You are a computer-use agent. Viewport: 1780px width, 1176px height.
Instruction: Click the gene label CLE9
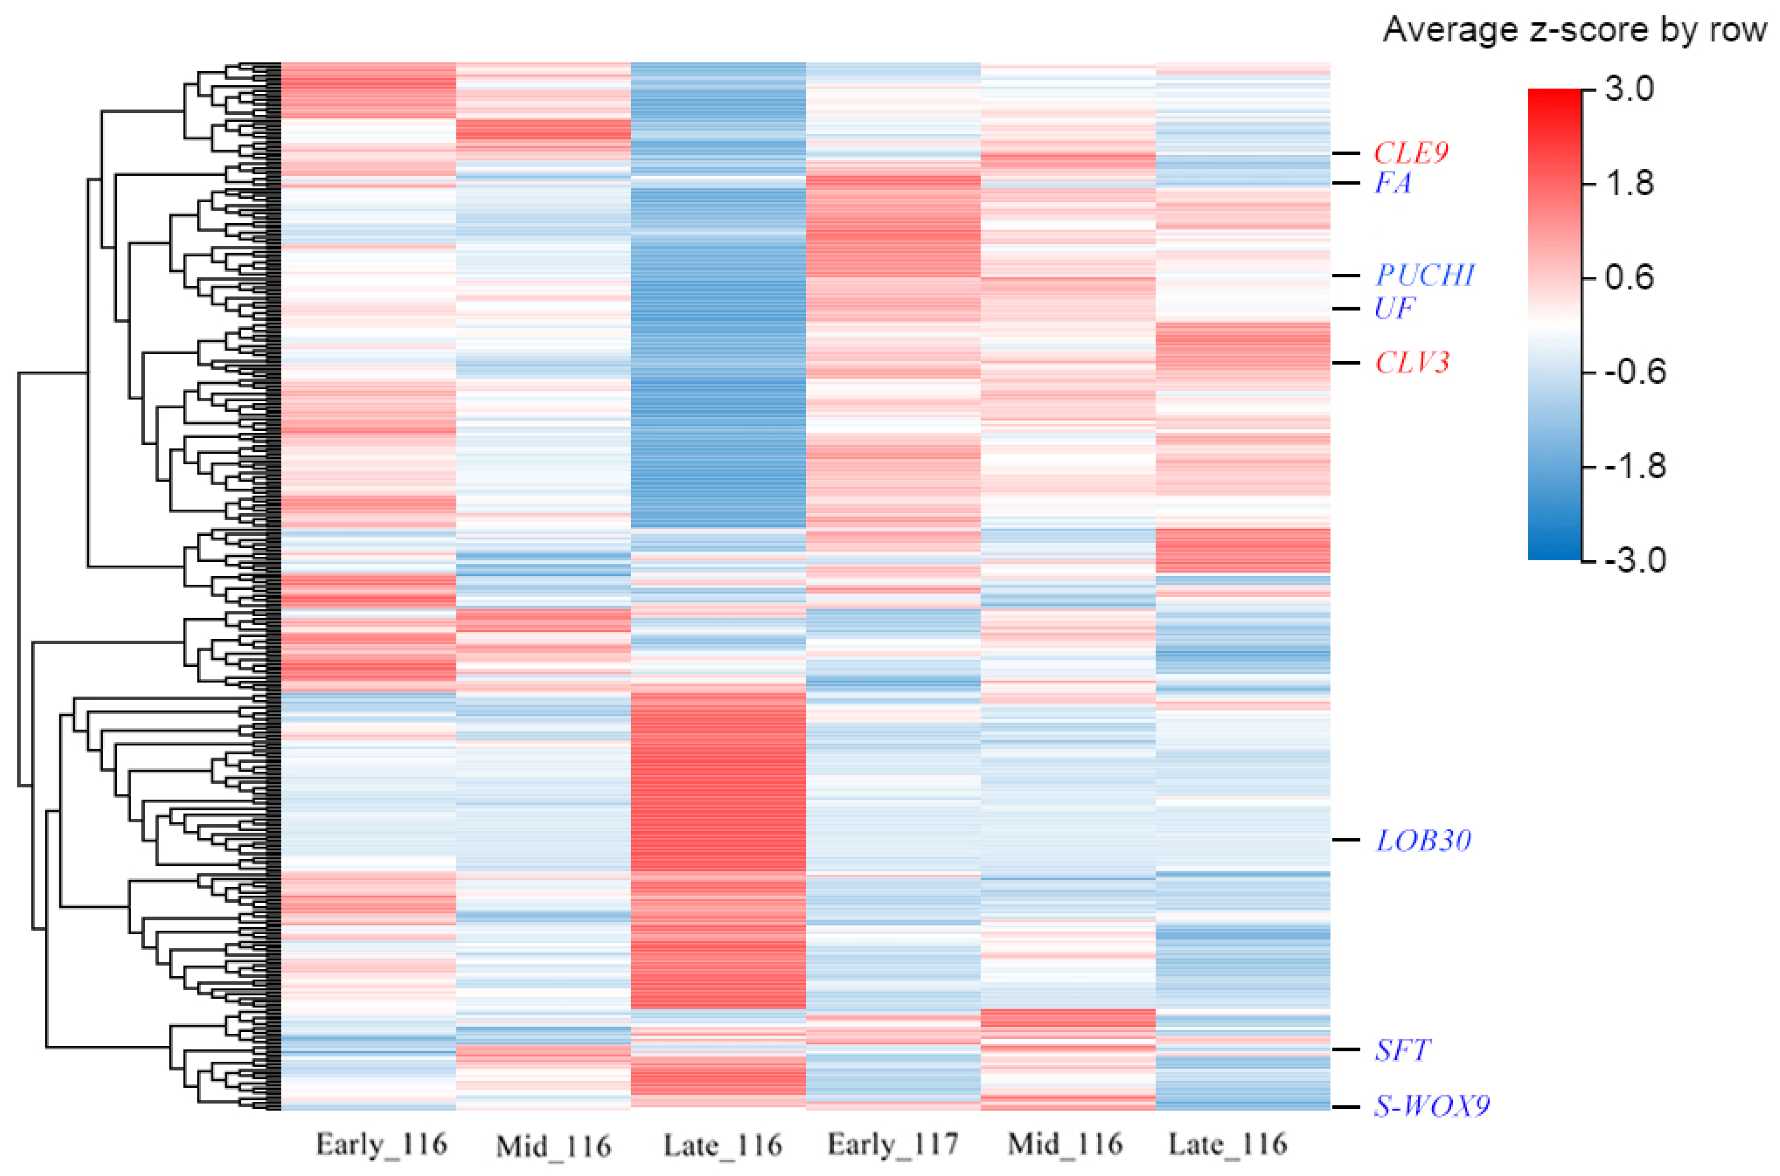1410,153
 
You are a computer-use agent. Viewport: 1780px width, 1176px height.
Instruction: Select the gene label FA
1392,183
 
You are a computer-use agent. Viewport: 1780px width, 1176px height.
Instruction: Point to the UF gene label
1394,308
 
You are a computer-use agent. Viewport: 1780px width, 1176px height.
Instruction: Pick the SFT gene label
1402,1050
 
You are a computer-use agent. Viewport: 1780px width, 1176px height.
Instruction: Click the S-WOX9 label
1431,1106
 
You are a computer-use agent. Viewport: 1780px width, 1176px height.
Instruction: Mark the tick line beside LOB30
1346,840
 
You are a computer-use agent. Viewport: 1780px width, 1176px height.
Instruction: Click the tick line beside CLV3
1346,363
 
